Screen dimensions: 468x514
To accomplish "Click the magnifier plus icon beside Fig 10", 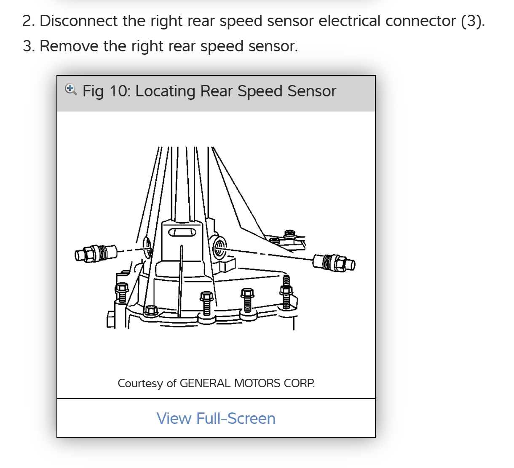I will click(x=70, y=89).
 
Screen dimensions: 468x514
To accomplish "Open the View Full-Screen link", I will click(x=216, y=418).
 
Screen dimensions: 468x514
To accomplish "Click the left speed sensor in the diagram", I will click(x=96, y=253).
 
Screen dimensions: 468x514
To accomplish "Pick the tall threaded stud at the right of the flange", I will click(x=286, y=292).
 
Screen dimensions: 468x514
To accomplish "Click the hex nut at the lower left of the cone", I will click(x=150, y=311).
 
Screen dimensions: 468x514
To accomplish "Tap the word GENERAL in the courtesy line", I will click(x=205, y=383).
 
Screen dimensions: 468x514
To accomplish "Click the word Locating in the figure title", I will click(x=165, y=91).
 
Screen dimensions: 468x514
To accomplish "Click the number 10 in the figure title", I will click(x=120, y=91).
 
